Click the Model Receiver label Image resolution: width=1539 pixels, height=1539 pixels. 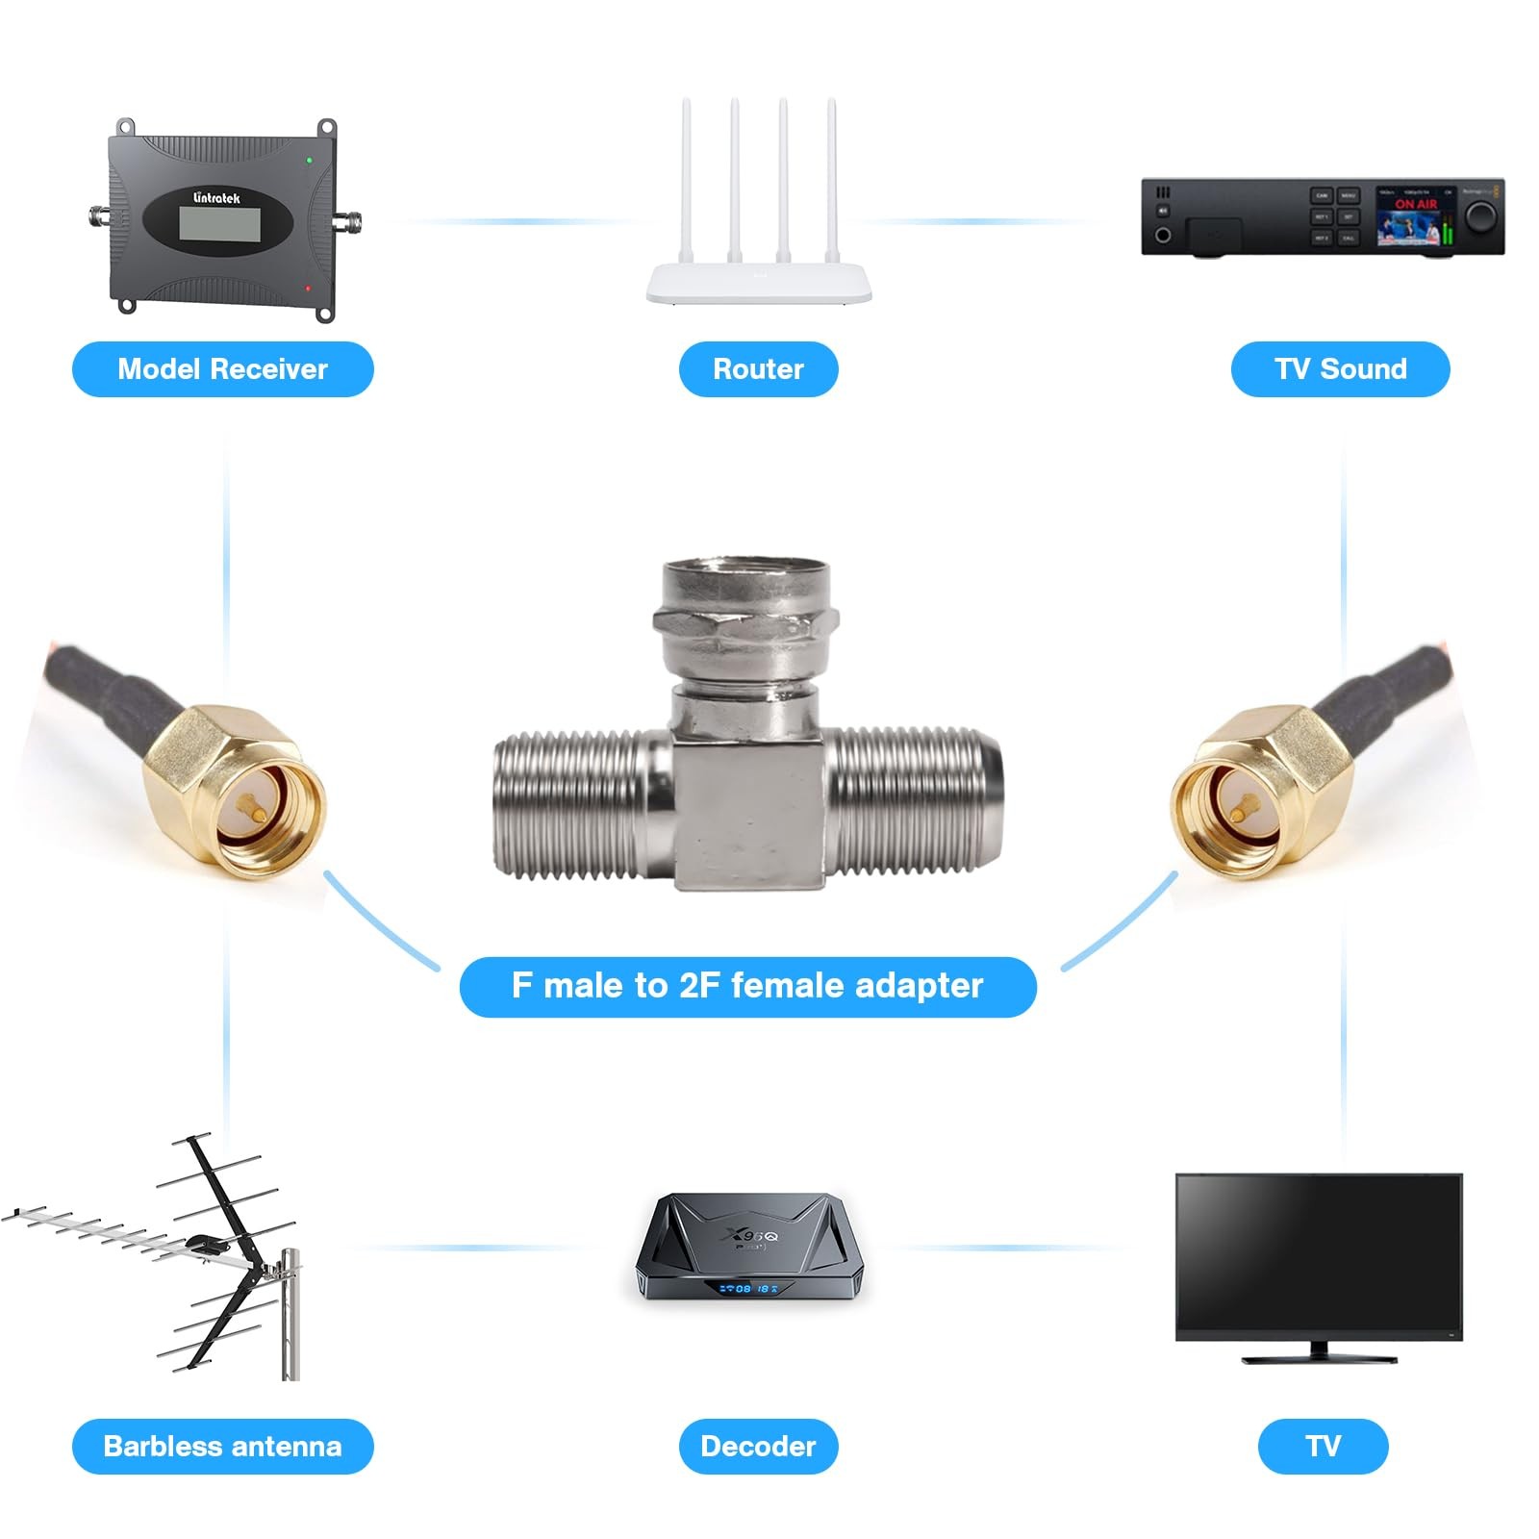[x=222, y=369]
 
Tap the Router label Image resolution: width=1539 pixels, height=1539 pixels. [x=758, y=369]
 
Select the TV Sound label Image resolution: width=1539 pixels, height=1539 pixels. [x=1340, y=369]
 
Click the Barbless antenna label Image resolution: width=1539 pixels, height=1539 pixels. [x=222, y=1446]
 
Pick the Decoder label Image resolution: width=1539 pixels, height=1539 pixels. [x=758, y=1446]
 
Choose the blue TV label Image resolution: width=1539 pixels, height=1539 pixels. [x=1323, y=1446]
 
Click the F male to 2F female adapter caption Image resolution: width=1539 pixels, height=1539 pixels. [x=747, y=986]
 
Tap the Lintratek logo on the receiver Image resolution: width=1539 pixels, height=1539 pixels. [x=216, y=198]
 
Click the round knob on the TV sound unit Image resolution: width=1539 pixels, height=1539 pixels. [x=1482, y=215]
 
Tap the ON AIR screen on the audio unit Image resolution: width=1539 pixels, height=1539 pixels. [x=1414, y=217]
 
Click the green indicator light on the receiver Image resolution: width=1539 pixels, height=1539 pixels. [x=309, y=161]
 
